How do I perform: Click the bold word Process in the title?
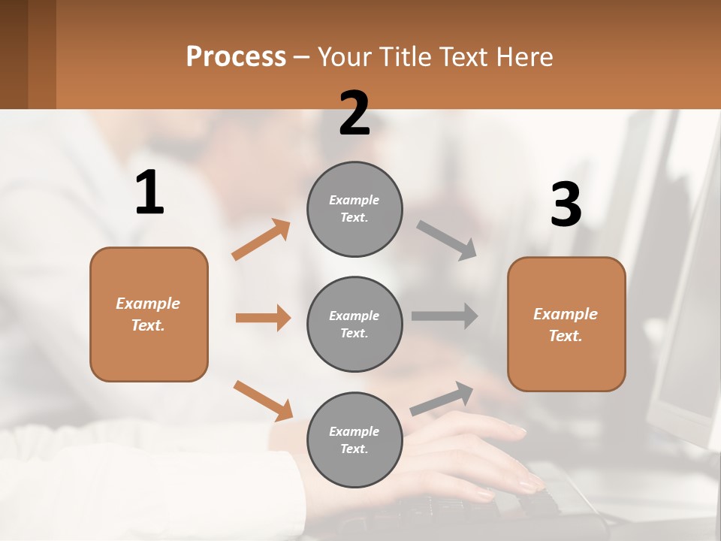(236, 57)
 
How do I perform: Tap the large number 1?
(149, 193)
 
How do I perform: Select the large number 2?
(354, 113)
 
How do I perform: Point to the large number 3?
(566, 205)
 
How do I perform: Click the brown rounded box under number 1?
(149, 314)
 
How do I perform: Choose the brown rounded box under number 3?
(566, 324)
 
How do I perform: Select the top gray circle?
(354, 209)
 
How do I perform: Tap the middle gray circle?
(354, 324)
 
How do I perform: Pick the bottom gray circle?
(354, 440)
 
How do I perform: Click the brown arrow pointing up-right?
(261, 240)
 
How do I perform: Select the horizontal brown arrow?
(263, 318)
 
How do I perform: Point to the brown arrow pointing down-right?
(263, 400)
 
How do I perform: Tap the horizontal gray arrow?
(445, 316)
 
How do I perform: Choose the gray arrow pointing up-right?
(442, 398)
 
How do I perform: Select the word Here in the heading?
(523, 57)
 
